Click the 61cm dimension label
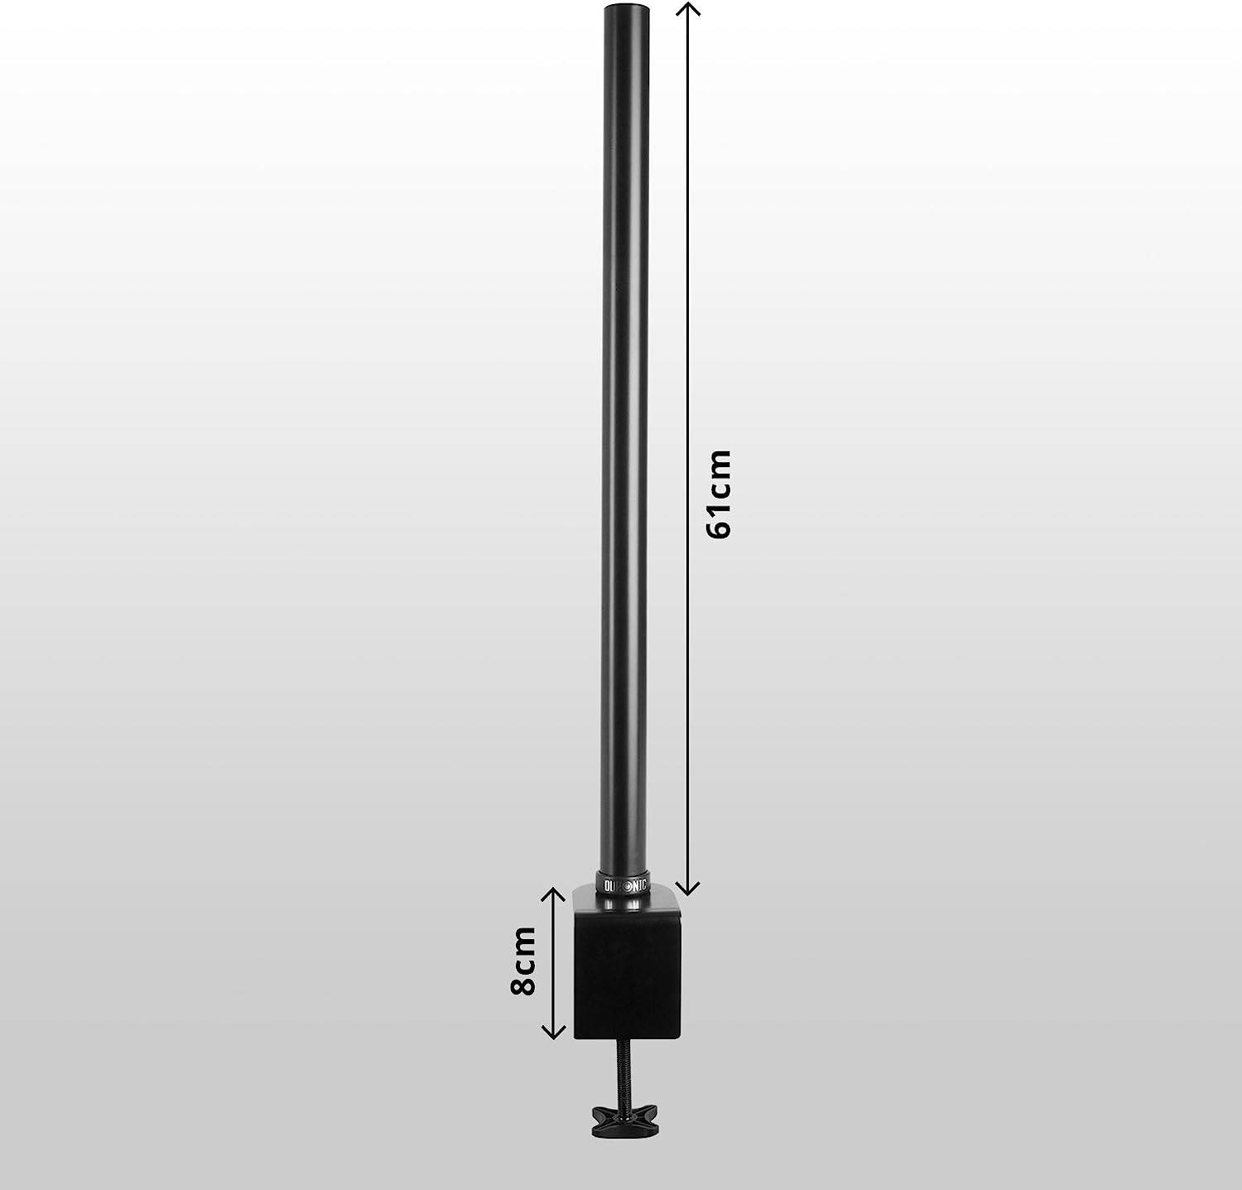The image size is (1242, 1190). click(720, 494)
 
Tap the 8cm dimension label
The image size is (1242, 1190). click(523, 961)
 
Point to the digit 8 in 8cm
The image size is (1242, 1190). click(523, 984)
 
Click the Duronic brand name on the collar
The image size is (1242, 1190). click(625, 884)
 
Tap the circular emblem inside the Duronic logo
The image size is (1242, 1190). click(626, 884)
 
